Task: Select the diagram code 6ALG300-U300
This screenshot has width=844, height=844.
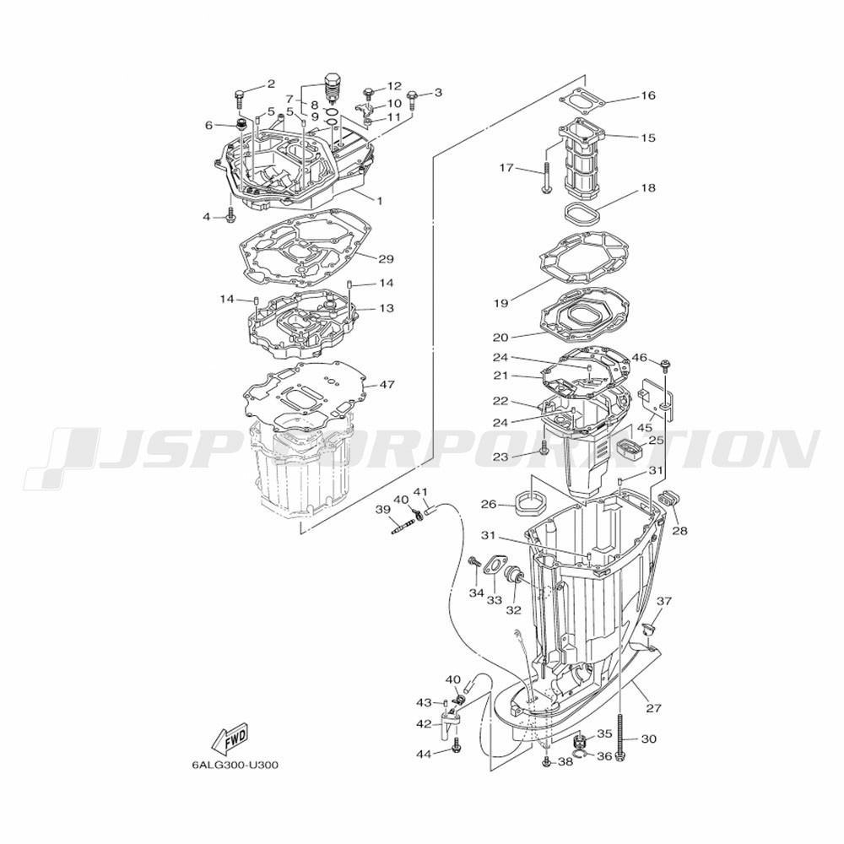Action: (235, 765)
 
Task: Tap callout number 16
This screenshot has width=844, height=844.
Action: (648, 95)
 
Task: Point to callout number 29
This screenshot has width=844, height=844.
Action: (386, 259)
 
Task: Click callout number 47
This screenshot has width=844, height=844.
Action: (387, 385)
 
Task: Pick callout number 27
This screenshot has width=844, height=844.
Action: (653, 708)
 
